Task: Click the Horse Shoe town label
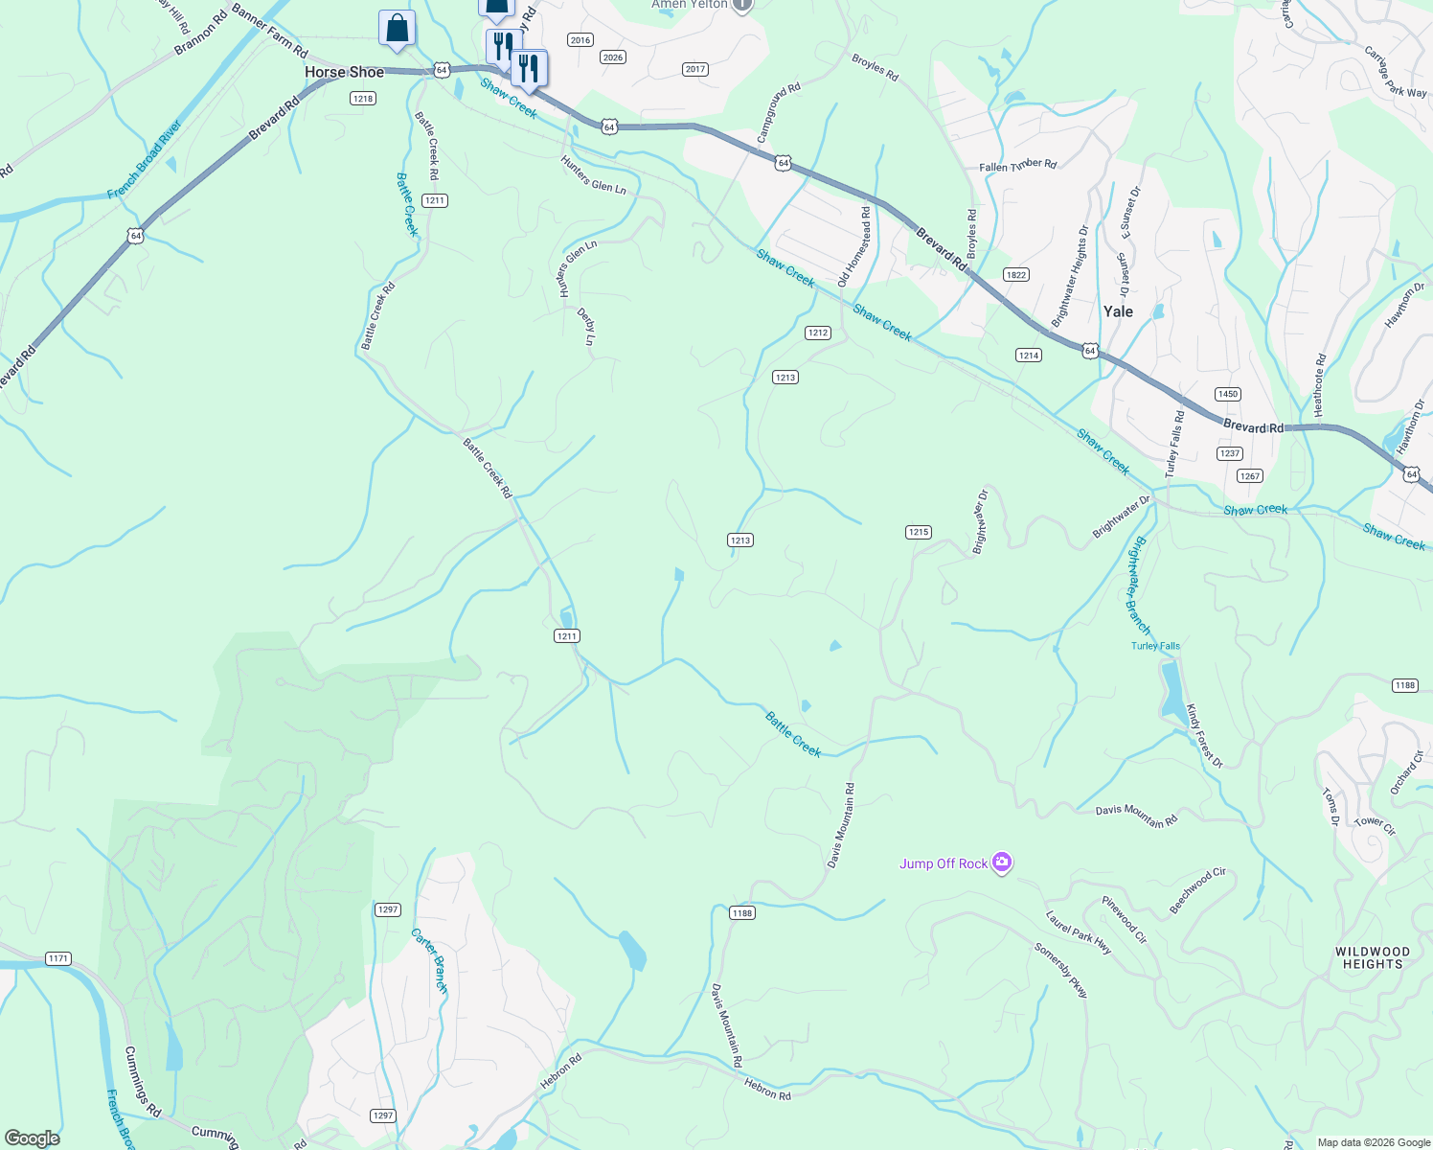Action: pos(344,73)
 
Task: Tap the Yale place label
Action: pos(1118,311)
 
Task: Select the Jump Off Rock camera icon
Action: pos(1002,862)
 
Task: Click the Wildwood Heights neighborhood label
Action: pos(1373,958)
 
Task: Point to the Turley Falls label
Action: pos(1155,646)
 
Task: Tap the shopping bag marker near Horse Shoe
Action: pos(397,29)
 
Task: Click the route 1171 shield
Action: pos(58,958)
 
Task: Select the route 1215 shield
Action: pos(918,532)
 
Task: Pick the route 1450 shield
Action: pos(1227,394)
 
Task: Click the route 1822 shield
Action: pos(1016,275)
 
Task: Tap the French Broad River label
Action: pos(145,159)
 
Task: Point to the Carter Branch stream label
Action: pos(430,960)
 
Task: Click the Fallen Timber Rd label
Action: pos(1017,165)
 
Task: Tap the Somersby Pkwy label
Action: pos(1061,971)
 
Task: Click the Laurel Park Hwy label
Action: pos(1079,932)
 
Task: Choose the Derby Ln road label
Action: pos(587,326)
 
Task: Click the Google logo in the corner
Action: pos(32,1138)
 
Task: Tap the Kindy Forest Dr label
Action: pos(1204,736)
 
